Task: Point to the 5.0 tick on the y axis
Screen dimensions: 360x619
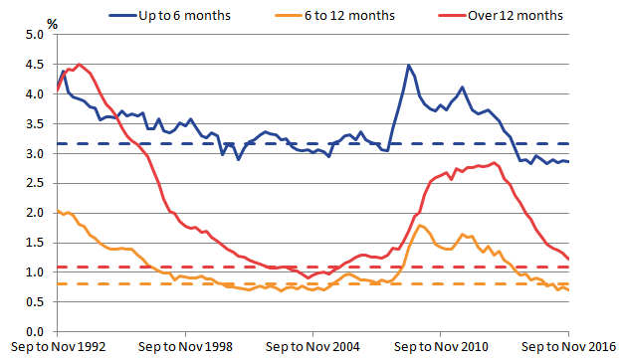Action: tap(34, 35)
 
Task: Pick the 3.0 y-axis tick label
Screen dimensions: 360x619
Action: tap(34, 154)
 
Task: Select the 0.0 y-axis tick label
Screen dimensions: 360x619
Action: tap(34, 331)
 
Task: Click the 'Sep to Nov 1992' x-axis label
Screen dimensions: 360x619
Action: tap(58, 347)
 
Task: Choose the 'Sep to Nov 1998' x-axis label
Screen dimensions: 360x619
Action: tap(186, 347)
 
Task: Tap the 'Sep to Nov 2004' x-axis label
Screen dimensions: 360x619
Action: tap(313, 347)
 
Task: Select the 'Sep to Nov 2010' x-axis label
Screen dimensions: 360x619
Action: tap(441, 347)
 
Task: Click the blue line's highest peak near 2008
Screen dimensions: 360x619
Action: tap(408, 66)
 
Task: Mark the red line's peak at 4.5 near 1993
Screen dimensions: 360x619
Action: tap(79, 65)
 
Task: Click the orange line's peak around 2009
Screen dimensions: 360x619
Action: tap(421, 226)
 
